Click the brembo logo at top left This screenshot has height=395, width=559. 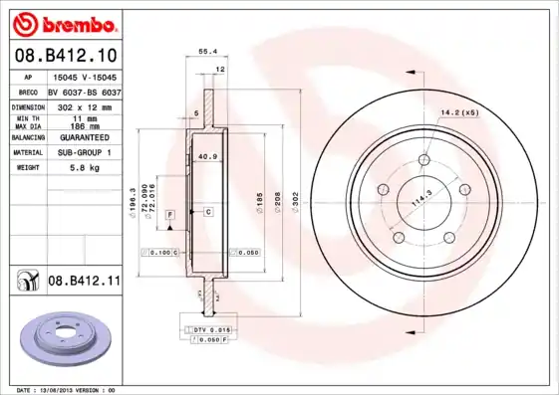tap(67, 23)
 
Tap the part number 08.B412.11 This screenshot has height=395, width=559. tap(85, 282)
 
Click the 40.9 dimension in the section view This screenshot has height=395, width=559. tap(208, 156)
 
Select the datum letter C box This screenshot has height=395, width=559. tap(208, 212)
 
